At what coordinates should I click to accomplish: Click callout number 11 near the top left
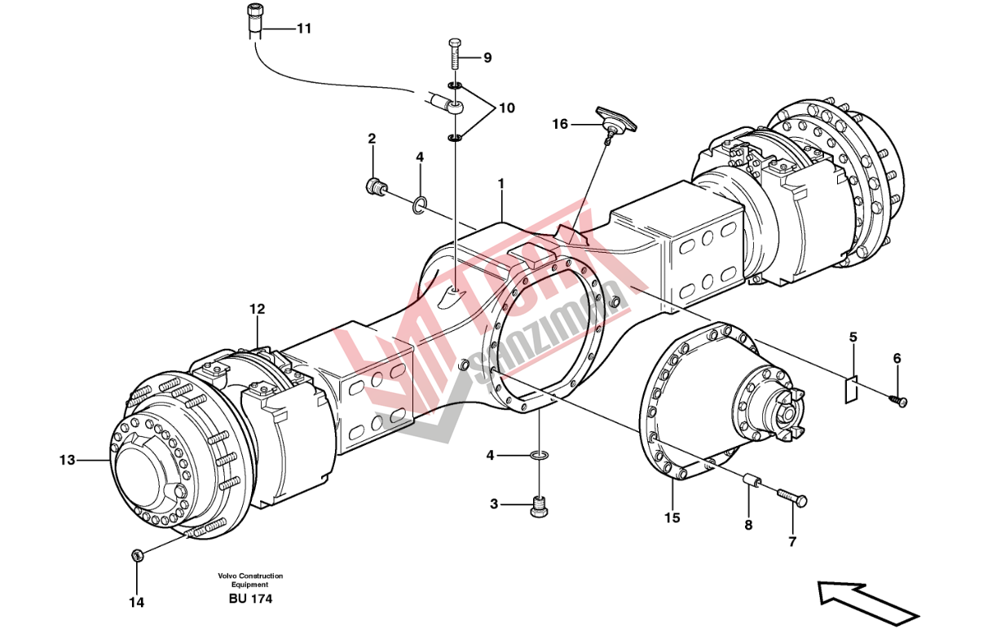click(x=304, y=29)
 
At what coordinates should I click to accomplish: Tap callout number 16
click(x=559, y=124)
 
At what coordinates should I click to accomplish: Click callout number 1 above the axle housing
click(x=501, y=185)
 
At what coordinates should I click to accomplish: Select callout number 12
click(x=257, y=309)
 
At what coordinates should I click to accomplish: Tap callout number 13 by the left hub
click(x=67, y=461)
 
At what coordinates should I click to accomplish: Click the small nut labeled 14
click(x=138, y=555)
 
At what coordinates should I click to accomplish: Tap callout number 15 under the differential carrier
click(x=672, y=517)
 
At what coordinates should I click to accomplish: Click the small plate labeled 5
click(x=851, y=390)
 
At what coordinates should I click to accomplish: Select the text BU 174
click(x=250, y=599)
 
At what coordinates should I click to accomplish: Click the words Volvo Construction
click(x=250, y=576)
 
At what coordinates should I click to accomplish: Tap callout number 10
click(x=506, y=108)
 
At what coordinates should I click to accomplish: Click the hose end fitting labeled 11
click(x=254, y=19)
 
